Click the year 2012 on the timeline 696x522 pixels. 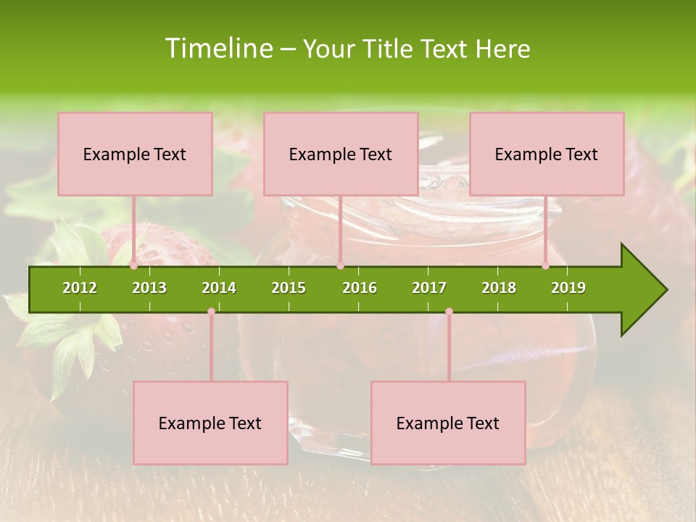click(80, 288)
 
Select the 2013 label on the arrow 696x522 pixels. click(149, 288)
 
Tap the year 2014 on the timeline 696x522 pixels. click(219, 288)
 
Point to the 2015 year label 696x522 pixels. click(289, 288)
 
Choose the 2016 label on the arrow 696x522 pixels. click(360, 288)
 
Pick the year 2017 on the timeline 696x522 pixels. click(429, 288)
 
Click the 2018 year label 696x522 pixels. click(499, 288)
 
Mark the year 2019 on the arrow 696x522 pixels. click(568, 288)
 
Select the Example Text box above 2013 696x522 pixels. click(135, 154)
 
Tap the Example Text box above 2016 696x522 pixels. click(341, 154)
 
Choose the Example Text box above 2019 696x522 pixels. click(547, 154)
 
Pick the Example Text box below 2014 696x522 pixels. click(210, 423)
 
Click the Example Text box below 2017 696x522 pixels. click(448, 423)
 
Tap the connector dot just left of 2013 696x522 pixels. click(134, 266)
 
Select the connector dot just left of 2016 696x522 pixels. click(340, 266)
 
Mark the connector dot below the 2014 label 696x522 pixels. click(211, 312)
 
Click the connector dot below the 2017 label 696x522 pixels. click(449, 312)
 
